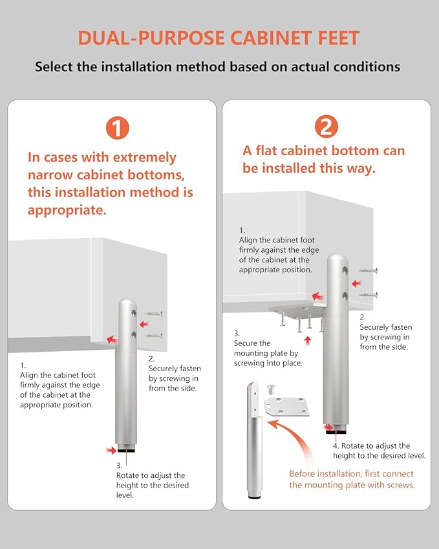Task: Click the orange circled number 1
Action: pos(118,128)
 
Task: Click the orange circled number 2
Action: pos(327,126)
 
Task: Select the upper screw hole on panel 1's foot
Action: pos(134,313)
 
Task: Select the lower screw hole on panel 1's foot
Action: pos(134,335)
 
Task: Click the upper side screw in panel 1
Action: pos(154,314)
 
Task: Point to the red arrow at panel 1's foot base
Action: pos(111,450)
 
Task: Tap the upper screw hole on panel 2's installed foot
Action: pos(345,270)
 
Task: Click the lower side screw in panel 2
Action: pos(369,295)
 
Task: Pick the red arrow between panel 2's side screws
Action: pos(357,283)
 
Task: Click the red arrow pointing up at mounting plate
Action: pos(308,340)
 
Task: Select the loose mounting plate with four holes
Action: pos(286,407)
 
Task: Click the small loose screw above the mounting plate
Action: pos(272,389)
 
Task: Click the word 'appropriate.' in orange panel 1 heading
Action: pos(67,211)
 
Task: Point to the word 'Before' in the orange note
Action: pos(303,474)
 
